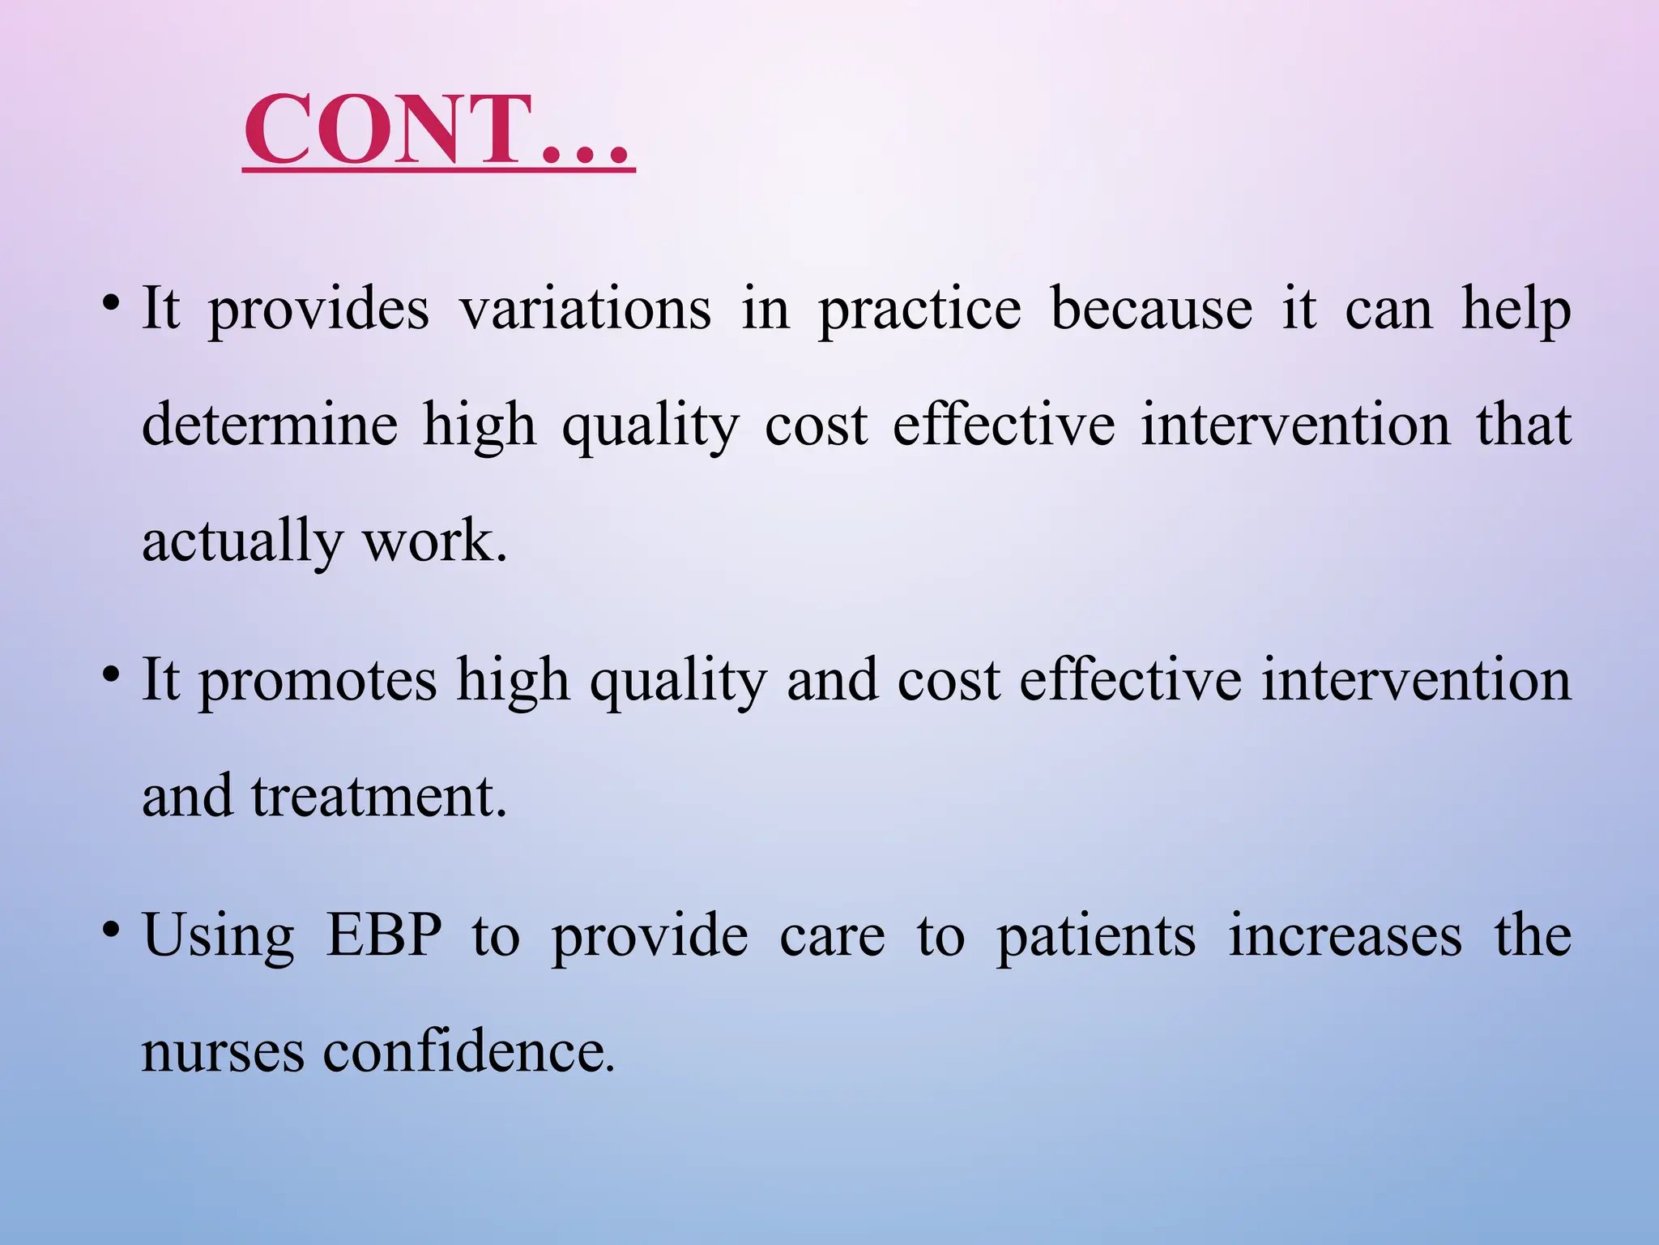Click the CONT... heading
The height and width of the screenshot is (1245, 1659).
click(x=437, y=130)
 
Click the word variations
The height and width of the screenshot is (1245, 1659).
click(x=586, y=309)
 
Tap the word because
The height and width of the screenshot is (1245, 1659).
click(x=1151, y=309)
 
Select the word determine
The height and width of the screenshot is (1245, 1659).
click(x=270, y=425)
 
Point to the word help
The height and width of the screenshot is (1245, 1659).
click(x=1516, y=309)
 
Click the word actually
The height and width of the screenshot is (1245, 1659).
click(x=241, y=541)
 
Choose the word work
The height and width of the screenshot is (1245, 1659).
click(x=434, y=541)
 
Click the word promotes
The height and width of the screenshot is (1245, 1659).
click(x=318, y=680)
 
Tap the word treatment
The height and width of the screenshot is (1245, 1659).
click(x=378, y=796)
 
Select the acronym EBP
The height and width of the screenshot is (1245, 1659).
click(x=384, y=935)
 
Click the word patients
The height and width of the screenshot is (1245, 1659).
click(x=1095, y=935)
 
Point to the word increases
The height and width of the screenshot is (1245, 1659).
click(x=1345, y=935)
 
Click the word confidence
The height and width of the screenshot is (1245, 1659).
click(x=468, y=1052)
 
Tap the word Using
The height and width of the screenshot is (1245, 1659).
click(x=218, y=937)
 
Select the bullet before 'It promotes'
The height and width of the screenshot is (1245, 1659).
click(x=112, y=675)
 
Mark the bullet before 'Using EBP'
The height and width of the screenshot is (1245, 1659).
click(x=112, y=931)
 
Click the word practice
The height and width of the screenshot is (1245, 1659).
click(x=919, y=309)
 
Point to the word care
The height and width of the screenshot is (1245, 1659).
click(x=832, y=937)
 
